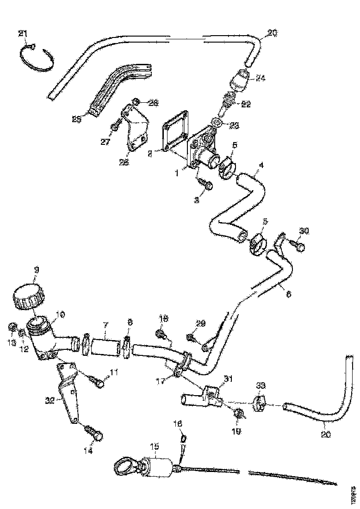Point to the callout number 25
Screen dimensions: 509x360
(77, 119)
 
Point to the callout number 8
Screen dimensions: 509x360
(129, 322)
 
